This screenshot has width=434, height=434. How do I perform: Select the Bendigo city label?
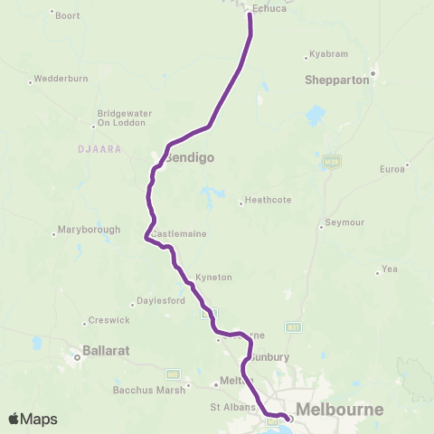pyautogui.click(x=190, y=157)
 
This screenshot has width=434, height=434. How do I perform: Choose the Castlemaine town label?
pyautogui.click(x=179, y=234)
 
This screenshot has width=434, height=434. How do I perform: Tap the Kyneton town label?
pyautogui.click(x=214, y=277)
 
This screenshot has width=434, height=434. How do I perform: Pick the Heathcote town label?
pyautogui.click(x=269, y=202)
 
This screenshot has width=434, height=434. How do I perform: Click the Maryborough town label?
pyautogui.click(x=89, y=230)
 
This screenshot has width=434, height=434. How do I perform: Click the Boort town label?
pyautogui.click(x=68, y=15)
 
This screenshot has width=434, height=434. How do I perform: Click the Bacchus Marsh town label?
pyautogui.click(x=147, y=390)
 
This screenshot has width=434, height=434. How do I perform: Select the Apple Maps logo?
pyautogui.click(x=33, y=419)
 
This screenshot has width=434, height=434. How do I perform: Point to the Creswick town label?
pyautogui.click(x=108, y=320)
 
